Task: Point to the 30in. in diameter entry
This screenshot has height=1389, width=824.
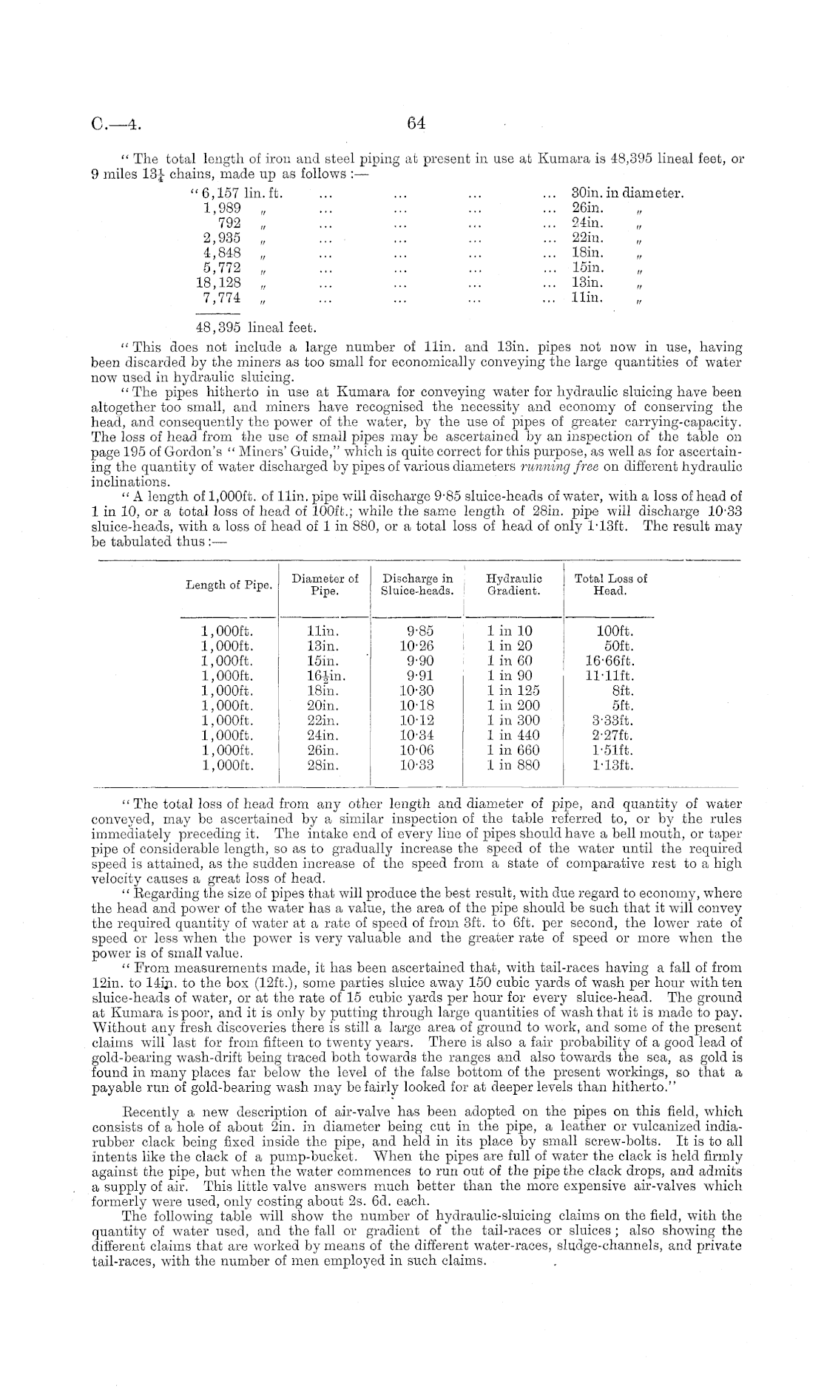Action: [x=628, y=194]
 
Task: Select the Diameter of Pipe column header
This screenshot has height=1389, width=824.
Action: [x=325, y=585]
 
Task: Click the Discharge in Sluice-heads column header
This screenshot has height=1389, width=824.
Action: [x=416, y=585]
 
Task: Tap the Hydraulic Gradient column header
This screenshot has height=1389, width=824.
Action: [x=513, y=585]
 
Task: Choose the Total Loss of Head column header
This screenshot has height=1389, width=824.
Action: [x=610, y=585]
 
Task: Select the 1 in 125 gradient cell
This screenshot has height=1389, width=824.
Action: [x=513, y=690]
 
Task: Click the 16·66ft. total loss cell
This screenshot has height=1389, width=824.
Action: [x=609, y=661]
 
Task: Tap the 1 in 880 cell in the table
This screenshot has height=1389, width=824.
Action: [x=513, y=765]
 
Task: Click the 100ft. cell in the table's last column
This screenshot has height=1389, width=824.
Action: [x=615, y=631]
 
